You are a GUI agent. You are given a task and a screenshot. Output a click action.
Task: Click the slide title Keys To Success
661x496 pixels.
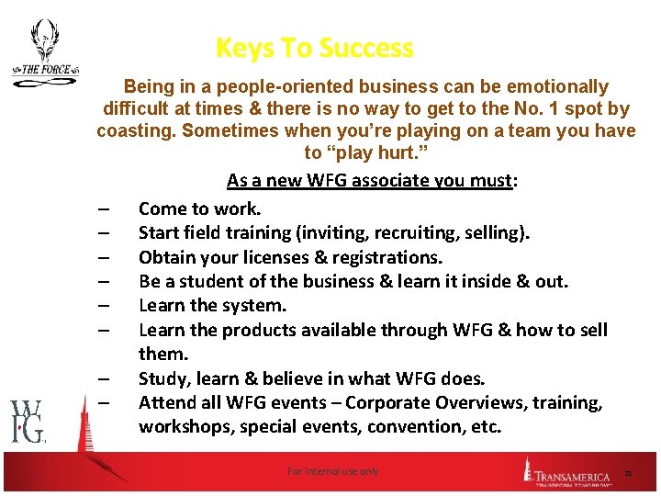point(314,48)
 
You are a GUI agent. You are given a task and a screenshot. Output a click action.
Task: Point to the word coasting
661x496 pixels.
point(136,130)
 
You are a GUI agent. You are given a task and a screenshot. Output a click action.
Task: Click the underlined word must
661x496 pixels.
point(490,181)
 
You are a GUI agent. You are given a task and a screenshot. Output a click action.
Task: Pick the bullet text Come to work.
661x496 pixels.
point(199,209)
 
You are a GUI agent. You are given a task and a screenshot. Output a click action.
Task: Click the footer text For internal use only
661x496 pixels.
point(332,471)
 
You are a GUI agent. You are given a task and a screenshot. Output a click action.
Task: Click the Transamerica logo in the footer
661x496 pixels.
point(569,471)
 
